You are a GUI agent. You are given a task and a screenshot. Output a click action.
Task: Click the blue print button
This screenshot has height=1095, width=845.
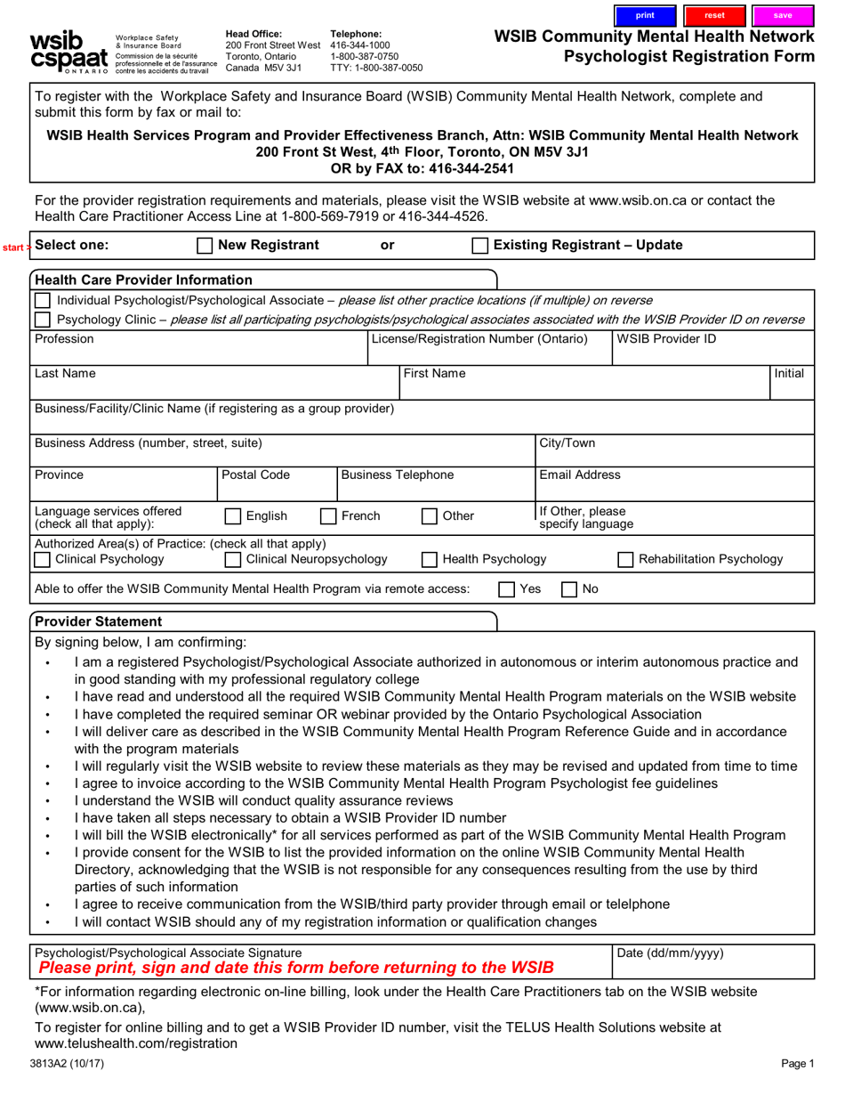click(645, 15)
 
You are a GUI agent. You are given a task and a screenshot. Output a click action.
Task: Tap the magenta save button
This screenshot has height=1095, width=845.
click(783, 15)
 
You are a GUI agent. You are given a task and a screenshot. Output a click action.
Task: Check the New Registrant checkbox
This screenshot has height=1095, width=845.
click(204, 246)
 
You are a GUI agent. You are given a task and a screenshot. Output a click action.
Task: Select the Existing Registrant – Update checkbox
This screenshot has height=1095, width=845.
click(479, 246)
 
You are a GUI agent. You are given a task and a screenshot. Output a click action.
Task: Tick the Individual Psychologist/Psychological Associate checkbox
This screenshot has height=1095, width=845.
click(43, 301)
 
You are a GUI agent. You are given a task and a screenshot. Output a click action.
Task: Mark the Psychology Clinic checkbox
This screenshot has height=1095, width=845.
click(43, 320)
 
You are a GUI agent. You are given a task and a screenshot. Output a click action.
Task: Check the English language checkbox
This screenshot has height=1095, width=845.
click(233, 516)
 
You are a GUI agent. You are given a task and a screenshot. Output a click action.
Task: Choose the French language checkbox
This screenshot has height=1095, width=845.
click(328, 516)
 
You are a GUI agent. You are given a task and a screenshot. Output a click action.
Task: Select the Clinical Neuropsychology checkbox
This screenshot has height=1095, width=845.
click(233, 560)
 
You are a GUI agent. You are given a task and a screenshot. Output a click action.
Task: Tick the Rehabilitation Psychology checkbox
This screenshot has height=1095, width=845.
click(625, 560)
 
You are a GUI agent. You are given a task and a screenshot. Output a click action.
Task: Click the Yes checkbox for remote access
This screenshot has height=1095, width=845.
click(506, 589)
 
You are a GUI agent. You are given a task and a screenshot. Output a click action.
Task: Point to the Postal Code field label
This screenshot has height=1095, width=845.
click(255, 475)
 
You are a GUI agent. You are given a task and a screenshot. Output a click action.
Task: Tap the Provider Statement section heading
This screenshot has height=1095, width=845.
click(98, 621)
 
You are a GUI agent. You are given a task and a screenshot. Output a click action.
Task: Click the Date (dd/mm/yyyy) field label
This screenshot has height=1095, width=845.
click(670, 953)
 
